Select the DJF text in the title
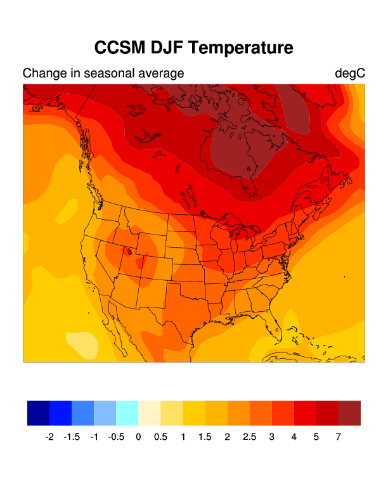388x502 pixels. point(170,48)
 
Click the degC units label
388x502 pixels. point(350,74)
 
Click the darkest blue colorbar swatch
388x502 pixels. point(38,413)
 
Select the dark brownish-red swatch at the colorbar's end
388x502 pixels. point(349,413)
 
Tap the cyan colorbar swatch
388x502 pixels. point(127,413)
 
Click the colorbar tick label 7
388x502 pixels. point(338,437)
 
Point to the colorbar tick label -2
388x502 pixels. point(49,437)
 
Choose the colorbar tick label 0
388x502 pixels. point(138,437)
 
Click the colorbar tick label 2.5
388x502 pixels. point(249,437)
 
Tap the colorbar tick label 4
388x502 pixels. point(294,437)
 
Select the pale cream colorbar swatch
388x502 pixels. point(150,413)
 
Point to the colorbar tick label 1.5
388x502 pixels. point(205,437)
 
